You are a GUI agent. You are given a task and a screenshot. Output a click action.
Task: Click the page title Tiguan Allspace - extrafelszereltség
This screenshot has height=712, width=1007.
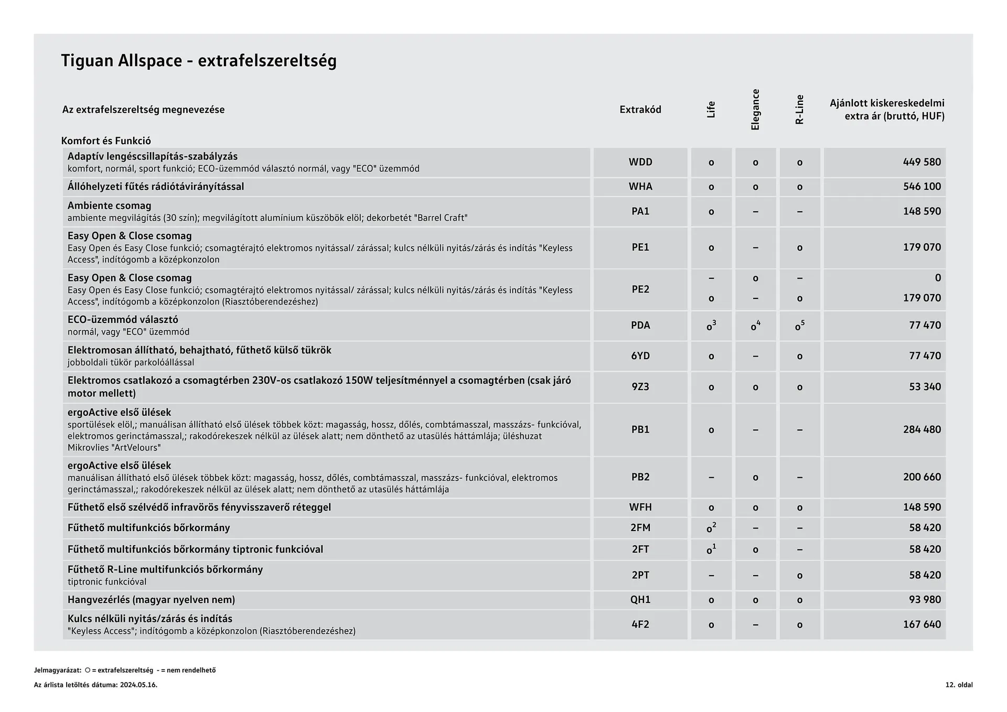coord(199,61)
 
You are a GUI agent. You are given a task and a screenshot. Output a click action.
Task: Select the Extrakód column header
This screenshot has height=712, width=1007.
coord(640,110)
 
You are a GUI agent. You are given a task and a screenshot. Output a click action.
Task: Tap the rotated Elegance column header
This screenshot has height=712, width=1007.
coord(755,110)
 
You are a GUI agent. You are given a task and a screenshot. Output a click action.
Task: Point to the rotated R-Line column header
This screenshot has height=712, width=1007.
coord(799,110)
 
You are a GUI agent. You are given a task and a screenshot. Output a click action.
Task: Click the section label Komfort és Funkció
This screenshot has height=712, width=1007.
coord(106,141)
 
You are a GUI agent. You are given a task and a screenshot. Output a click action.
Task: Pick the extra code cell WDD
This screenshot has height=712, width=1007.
coord(640,162)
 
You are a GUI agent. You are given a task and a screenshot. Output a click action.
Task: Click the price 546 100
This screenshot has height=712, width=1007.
coord(922,187)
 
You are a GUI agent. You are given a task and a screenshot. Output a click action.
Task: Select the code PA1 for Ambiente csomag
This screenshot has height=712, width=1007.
coord(640,211)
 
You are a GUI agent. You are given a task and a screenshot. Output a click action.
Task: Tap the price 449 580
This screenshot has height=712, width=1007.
coord(922,162)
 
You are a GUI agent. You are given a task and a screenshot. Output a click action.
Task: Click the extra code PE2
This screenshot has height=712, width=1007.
coord(640,289)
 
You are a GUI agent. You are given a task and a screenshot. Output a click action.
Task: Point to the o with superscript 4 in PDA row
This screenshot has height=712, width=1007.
coord(755,326)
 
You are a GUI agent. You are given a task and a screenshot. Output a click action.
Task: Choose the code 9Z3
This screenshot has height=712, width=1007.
coord(640,386)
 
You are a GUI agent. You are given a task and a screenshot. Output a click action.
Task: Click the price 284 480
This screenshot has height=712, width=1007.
coord(922,429)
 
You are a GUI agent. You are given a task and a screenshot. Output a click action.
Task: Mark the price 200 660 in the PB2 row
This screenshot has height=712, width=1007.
coord(922,477)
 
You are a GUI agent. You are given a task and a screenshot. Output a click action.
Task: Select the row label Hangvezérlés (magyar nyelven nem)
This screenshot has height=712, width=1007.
coord(151,599)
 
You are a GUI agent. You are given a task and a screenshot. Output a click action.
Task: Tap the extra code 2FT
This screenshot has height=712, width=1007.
coord(640,549)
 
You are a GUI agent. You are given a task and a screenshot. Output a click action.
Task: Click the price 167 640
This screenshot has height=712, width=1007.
coord(922,624)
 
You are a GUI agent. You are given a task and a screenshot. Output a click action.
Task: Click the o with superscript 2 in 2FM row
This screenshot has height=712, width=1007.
coord(711,528)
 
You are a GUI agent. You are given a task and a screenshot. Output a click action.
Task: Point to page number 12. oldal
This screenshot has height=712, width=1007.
coord(959,685)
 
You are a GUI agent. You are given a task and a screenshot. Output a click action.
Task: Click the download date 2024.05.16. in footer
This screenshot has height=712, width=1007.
coord(138,685)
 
